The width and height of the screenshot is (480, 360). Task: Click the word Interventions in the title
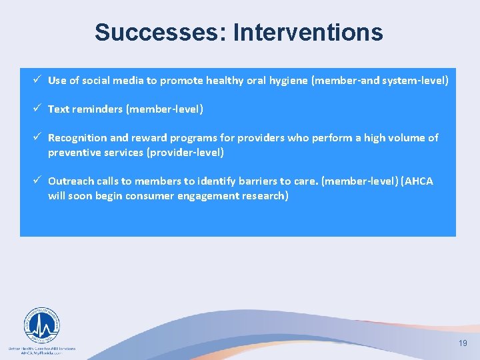click(308, 32)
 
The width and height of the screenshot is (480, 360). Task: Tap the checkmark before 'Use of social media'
click(39, 80)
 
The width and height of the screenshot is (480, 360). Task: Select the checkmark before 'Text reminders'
click(39, 108)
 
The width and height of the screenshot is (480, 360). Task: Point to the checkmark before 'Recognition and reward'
click(39, 137)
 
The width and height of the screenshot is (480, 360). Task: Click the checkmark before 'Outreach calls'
click(39, 181)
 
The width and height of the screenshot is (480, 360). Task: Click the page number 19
click(463, 343)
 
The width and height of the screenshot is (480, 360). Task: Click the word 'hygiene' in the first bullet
click(308, 81)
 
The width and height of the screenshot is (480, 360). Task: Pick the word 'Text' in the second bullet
click(59, 109)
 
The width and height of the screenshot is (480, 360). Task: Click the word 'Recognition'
click(77, 138)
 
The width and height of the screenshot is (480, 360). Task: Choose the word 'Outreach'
click(71, 181)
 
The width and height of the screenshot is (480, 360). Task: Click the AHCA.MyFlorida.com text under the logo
click(41, 353)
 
